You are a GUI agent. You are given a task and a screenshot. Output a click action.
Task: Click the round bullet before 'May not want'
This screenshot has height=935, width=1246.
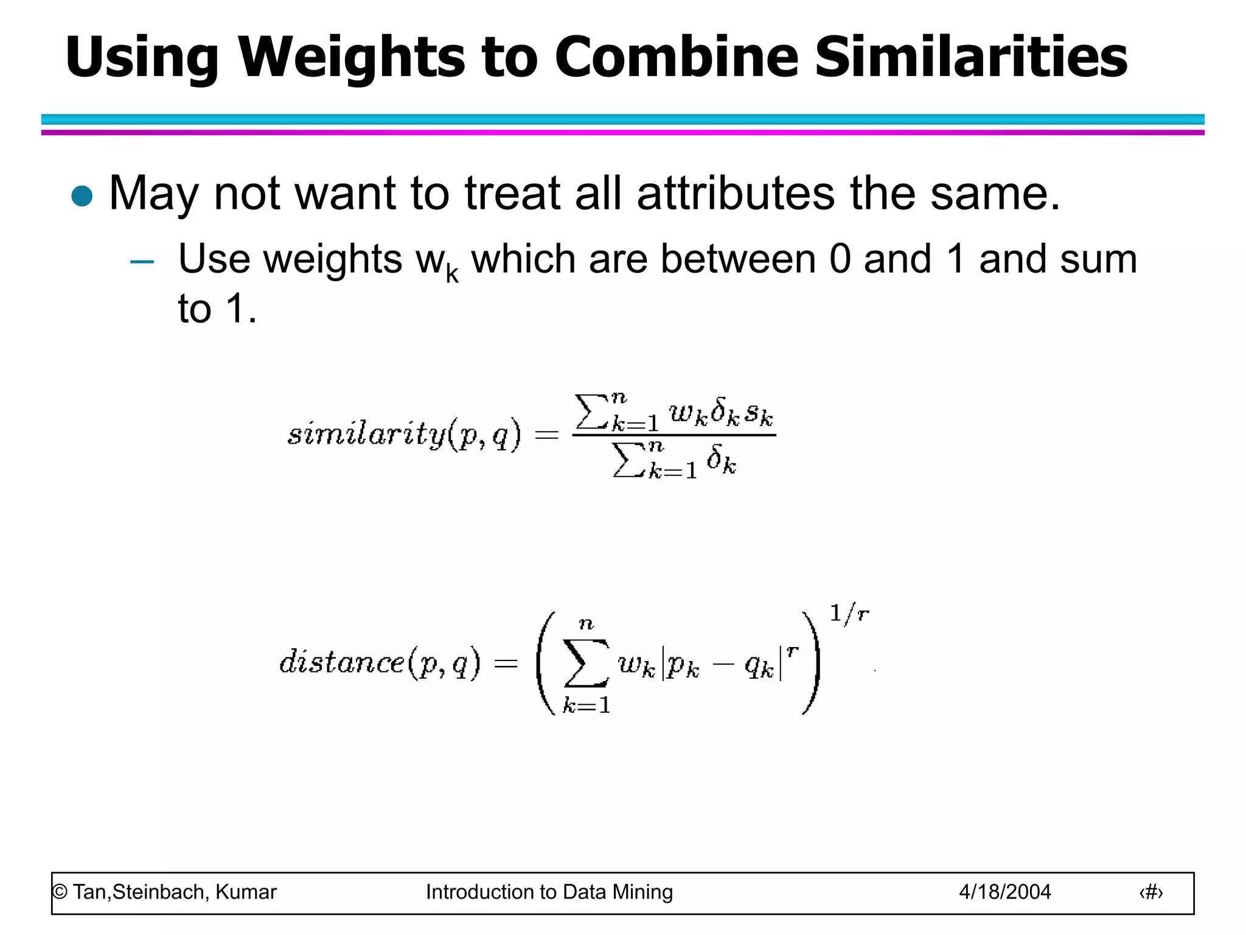[82, 197]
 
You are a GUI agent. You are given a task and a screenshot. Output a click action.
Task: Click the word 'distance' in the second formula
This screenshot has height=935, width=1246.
[341, 662]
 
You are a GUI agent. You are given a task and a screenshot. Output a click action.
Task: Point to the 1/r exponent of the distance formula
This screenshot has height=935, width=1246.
[849, 614]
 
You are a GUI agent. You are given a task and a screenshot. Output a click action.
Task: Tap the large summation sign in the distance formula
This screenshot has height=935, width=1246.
[586, 663]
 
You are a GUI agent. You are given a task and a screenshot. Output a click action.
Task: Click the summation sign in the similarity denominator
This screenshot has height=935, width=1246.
[628, 460]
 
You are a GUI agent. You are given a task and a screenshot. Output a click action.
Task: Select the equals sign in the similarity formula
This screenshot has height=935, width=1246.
[546, 434]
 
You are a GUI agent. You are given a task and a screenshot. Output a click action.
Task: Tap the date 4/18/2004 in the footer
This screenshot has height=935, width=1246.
[1004, 892]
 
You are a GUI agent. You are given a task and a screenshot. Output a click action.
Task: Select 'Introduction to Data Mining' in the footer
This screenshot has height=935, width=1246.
[549, 892]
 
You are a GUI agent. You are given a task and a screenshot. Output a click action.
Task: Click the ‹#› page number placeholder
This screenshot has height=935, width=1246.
[1150, 892]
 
